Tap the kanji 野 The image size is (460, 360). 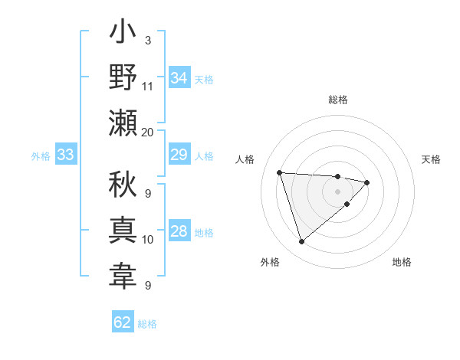pos(123,78)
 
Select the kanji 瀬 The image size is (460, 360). pos(123,123)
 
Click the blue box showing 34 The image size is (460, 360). pos(179,78)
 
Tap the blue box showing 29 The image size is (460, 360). pos(179,155)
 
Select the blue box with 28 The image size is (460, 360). pos(179,231)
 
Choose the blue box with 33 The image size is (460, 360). pos(65,155)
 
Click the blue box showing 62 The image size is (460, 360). pos(123,322)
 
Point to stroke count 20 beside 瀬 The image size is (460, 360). pos(148,132)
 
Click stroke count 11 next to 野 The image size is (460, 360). pos(148,87)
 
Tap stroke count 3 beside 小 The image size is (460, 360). pos(147,40)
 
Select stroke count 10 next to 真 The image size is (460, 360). pos(148,240)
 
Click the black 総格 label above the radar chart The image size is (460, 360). pos(338,100)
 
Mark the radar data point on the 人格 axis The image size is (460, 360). pos(280,172)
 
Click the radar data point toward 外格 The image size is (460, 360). pos(302,242)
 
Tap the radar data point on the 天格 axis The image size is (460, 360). pos(367,182)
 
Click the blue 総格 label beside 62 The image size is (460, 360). pos(147,324)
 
